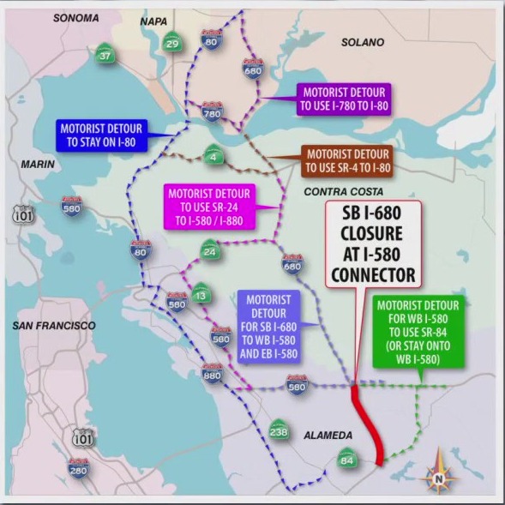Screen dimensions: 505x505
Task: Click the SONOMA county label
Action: (x=75, y=17)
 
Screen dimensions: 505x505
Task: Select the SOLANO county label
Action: (x=363, y=42)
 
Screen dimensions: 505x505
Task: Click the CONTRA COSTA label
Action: (x=344, y=191)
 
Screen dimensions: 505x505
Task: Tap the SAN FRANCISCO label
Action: (x=53, y=326)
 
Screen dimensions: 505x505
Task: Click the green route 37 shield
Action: (x=105, y=56)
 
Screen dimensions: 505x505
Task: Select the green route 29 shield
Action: (x=172, y=43)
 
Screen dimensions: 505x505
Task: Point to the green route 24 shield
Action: (x=209, y=251)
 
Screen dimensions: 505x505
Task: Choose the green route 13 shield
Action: (x=200, y=293)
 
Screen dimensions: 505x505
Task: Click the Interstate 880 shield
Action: (x=213, y=373)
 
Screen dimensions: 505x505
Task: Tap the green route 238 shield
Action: (x=278, y=430)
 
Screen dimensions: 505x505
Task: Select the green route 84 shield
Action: (x=346, y=459)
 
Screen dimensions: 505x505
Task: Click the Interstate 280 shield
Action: (x=78, y=467)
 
